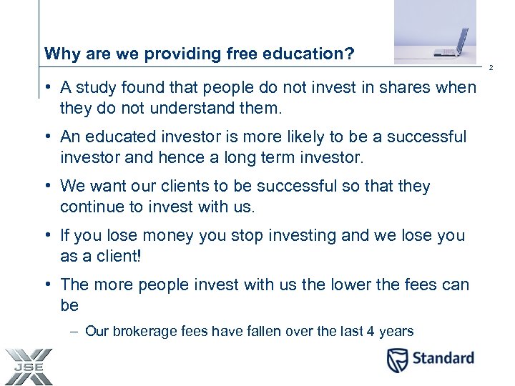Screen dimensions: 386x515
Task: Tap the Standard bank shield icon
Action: click(398, 360)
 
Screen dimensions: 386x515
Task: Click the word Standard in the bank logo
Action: click(443, 358)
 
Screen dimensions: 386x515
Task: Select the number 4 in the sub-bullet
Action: click(371, 332)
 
